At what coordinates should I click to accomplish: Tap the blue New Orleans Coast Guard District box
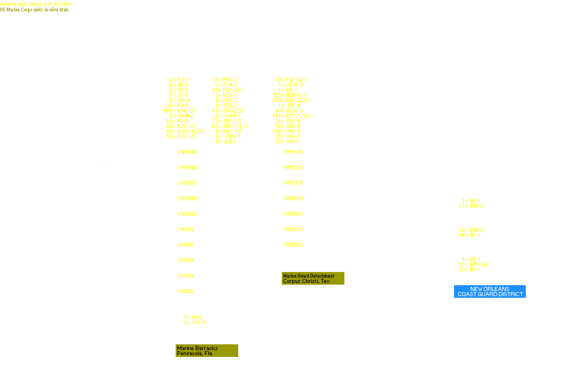point(490,292)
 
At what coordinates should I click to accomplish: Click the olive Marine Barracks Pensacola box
point(207,351)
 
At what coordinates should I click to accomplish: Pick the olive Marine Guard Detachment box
point(313,278)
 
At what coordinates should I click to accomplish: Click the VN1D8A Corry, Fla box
point(207,154)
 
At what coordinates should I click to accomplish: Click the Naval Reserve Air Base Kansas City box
point(490,259)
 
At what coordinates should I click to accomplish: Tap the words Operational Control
point(464,281)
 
